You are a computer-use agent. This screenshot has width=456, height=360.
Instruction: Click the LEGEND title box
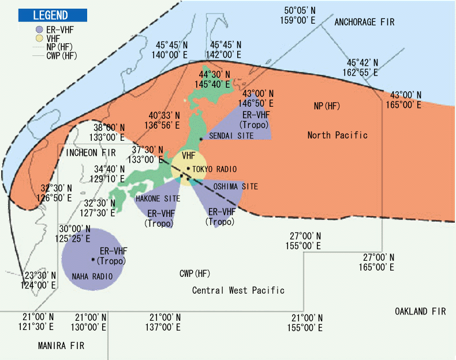coord(53,16)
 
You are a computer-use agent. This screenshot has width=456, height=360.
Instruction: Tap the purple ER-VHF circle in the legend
coord(38,29)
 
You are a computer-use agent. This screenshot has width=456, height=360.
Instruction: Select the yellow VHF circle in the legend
coord(38,38)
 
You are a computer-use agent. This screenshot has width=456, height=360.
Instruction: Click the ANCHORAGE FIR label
coord(364,22)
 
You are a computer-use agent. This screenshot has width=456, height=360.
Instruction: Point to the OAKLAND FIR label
coord(420,311)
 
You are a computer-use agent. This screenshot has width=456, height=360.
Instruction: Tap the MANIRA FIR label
coord(61,346)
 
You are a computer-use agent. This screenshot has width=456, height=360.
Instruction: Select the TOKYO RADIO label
coord(215,169)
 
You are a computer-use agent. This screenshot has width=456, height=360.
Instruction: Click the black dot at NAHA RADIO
coord(93,259)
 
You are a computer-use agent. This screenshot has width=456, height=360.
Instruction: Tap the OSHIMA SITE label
coord(236,187)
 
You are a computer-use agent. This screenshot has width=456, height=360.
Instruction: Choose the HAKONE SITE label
coord(158,198)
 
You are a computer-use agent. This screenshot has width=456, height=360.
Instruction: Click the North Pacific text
coord(337,135)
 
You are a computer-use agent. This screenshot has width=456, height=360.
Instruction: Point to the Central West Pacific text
coord(238,290)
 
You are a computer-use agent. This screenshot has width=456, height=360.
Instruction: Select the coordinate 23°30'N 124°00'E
coord(40,280)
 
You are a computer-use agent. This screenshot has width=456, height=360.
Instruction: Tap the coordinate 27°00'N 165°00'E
coord(378,262)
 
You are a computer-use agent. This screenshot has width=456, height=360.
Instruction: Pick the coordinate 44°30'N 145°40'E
coord(214,80)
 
